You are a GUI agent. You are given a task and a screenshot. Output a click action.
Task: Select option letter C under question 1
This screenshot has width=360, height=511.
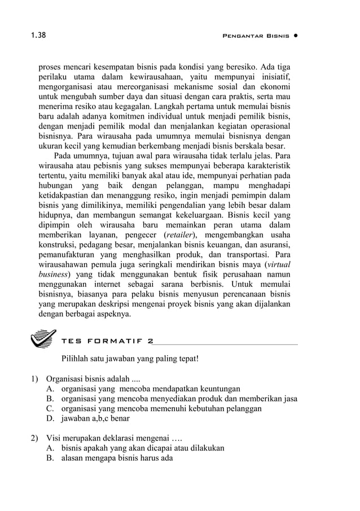[50, 408]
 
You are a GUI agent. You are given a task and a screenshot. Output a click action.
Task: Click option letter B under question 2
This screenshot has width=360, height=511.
[50, 458]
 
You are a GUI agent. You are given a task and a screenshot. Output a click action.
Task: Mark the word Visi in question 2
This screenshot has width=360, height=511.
[55, 438]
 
